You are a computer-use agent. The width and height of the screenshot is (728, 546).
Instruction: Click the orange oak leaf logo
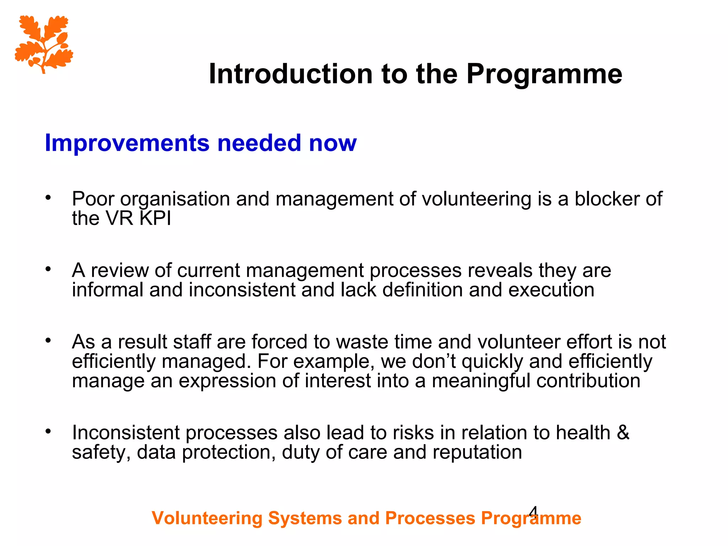coord(44,44)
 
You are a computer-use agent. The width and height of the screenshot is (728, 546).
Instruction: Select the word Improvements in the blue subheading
coord(127,143)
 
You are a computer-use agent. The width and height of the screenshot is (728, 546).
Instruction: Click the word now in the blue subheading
coord(332,143)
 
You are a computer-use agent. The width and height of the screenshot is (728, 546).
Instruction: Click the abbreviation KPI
coord(155,218)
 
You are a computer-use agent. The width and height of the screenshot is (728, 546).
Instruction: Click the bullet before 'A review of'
coord(48,269)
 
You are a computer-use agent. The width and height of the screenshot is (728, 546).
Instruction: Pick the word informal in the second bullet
coord(107,290)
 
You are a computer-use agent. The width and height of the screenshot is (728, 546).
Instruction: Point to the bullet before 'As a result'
coord(48,341)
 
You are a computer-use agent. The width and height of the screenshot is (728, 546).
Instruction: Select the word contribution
coord(588,381)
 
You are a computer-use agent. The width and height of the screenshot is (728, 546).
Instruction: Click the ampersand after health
coord(623,433)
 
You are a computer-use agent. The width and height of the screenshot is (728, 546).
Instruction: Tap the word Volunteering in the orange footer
coord(207,518)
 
